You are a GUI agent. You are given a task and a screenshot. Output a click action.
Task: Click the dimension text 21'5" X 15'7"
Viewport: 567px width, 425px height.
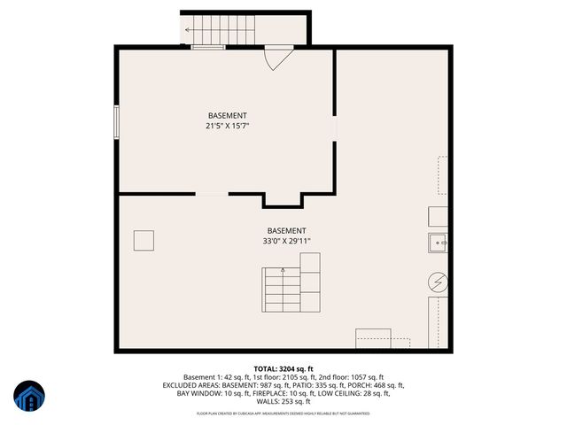tap(227, 127)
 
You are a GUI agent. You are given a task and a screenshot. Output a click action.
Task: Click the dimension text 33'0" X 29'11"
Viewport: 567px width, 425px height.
tap(286, 241)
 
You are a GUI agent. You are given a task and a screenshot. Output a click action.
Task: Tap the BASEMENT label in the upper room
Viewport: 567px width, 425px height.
tap(227, 116)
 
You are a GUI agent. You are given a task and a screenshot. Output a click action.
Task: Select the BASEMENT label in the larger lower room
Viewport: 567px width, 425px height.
tap(286, 230)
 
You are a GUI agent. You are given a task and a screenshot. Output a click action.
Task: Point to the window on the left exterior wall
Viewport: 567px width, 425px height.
tap(116, 121)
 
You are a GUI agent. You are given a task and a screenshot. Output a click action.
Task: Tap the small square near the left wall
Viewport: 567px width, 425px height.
tap(144, 240)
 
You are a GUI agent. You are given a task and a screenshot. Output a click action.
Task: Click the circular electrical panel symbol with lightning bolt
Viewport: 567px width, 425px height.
tap(438, 282)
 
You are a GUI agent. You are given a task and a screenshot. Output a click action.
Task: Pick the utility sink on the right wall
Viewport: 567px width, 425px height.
tap(439, 242)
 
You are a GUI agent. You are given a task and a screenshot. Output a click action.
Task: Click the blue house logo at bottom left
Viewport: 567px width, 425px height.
tap(30, 398)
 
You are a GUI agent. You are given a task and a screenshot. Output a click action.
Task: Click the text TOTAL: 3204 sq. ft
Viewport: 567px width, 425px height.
tap(283, 368)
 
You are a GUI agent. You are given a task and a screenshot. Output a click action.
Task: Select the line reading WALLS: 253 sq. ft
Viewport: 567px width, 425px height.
tap(283, 401)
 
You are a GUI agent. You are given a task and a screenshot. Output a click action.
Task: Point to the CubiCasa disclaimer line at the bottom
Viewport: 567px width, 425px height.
tap(283, 413)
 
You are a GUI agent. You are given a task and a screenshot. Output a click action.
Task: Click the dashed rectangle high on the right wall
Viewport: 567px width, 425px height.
tap(442, 175)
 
